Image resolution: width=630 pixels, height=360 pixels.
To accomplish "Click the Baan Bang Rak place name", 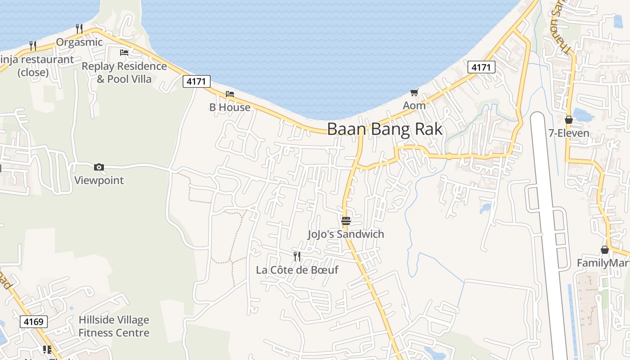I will click(385, 129).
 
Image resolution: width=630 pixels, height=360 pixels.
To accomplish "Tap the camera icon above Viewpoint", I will click(99, 167).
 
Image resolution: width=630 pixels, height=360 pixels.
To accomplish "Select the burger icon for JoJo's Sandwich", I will click(346, 220).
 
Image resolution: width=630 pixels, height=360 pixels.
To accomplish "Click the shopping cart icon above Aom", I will click(414, 93).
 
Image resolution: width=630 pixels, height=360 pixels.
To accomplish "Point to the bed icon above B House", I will click(230, 94).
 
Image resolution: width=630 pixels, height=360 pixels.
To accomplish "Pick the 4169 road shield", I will click(34, 322).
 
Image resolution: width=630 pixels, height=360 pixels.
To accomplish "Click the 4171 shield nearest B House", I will click(197, 81).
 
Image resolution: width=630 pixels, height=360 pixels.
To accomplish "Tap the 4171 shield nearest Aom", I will click(481, 67).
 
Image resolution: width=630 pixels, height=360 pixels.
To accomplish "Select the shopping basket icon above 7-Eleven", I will click(569, 120).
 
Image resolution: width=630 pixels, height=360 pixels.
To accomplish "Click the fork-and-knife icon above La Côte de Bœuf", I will click(297, 256).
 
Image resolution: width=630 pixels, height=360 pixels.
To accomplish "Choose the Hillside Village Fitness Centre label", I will click(114, 326).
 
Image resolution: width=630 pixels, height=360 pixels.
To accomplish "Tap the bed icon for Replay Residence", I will click(124, 53).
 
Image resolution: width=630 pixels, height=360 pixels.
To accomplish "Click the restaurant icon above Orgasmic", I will click(79, 29).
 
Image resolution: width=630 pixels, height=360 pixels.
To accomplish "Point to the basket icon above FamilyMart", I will click(605, 250).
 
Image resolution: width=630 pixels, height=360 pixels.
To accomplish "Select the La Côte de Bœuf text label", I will click(297, 270).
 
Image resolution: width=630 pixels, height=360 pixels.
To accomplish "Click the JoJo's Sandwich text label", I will click(346, 234).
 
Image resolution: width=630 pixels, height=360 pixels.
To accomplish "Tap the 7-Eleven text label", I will click(569, 133).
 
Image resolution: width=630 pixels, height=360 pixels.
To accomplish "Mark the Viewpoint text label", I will click(99, 180).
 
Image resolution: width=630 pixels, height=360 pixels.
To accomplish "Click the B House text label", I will click(230, 107).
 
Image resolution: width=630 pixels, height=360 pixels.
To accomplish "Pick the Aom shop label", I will click(414, 106).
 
